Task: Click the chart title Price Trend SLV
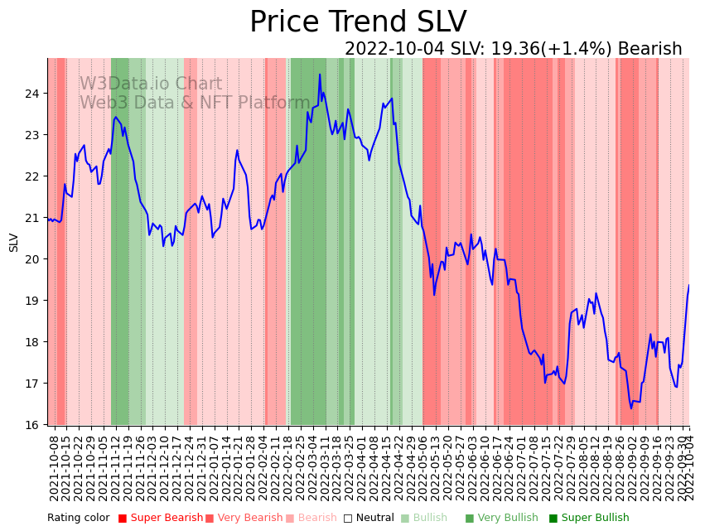point(358,22)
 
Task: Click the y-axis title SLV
point(14,242)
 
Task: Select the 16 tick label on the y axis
point(34,425)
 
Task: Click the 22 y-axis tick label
point(34,176)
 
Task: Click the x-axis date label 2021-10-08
point(55,464)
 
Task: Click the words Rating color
point(78,518)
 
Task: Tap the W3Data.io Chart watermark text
point(151,84)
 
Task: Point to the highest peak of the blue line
point(320,75)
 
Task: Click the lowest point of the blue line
point(631,408)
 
